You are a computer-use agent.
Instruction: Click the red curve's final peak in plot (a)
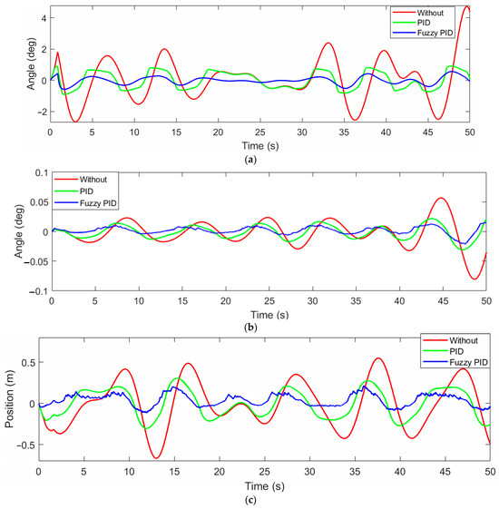tap(466, 7)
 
